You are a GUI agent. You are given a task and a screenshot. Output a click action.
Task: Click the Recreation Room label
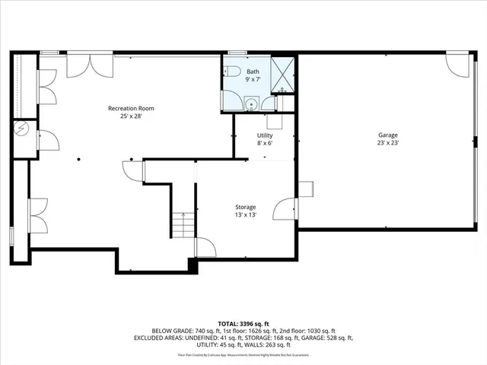coord(126,109)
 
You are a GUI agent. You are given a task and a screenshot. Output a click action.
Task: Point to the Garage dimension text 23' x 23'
coord(388,142)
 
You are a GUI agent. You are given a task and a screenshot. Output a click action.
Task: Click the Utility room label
coord(264,135)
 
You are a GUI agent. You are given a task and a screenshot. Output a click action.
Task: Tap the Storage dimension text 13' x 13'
coord(245,215)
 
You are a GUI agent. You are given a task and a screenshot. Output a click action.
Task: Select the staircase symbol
coord(182,225)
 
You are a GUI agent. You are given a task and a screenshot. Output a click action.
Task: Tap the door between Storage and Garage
coord(287,208)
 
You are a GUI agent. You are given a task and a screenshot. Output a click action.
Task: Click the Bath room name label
coord(253,71)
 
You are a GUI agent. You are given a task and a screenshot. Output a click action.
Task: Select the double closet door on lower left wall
coord(39,215)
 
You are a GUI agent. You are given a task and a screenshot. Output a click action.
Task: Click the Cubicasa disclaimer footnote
coord(243,354)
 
